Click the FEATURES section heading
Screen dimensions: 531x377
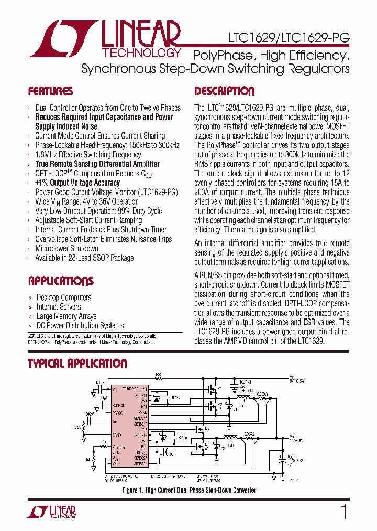click(50, 91)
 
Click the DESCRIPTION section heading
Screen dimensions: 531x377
click(224, 91)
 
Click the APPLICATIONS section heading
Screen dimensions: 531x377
click(61, 281)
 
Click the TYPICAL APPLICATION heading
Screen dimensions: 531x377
click(77, 364)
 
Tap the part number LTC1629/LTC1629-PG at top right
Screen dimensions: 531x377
click(288, 38)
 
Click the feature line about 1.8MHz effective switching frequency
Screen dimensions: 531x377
click(88, 155)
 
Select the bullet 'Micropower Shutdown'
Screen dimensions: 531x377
click(66, 248)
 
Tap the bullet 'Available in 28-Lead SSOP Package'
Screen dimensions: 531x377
click(84, 258)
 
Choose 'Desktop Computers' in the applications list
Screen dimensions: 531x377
click(64, 298)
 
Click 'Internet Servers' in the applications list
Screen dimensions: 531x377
click(59, 307)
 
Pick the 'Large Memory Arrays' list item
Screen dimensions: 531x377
click(66, 316)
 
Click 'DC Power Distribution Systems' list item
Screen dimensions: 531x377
click(80, 326)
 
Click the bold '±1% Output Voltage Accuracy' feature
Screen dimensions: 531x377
click(77, 183)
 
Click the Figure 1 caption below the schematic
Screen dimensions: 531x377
click(189, 490)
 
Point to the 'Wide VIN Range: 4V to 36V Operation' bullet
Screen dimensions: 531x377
click(87, 201)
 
